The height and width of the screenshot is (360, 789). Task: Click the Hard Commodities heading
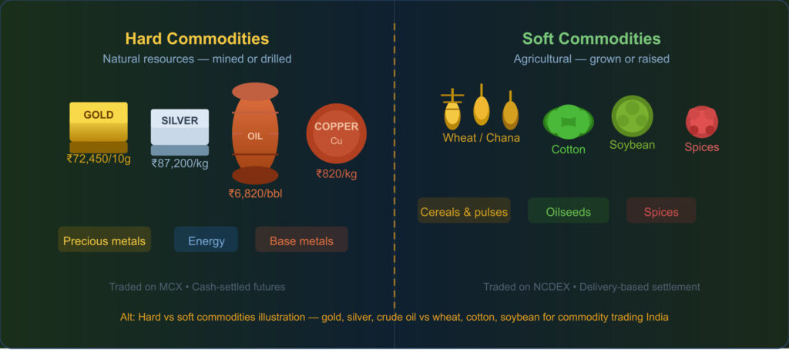pyautogui.click(x=197, y=39)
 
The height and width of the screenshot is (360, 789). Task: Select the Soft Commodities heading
pyautogui.click(x=591, y=39)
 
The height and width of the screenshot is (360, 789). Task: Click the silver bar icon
pyautogui.click(x=180, y=126)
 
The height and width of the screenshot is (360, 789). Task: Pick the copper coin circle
pyautogui.click(x=336, y=133)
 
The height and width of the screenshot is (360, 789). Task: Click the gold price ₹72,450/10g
pyautogui.click(x=99, y=159)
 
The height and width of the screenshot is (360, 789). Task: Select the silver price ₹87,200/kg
pyautogui.click(x=180, y=163)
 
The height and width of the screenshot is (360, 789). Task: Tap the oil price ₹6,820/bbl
pyautogui.click(x=255, y=193)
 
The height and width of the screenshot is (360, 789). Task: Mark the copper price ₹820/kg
pyautogui.click(x=336, y=173)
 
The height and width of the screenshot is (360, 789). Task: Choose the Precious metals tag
pyautogui.click(x=104, y=241)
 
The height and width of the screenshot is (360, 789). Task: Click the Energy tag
pyautogui.click(x=206, y=241)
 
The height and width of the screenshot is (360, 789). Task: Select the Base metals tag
pyautogui.click(x=301, y=241)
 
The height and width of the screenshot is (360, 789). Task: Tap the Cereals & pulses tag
pyautogui.click(x=464, y=211)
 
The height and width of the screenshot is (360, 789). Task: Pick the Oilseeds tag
pyautogui.click(x=568, y=211)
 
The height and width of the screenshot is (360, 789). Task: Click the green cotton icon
pyautogui.click(x=568, y=123)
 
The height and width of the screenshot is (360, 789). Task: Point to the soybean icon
pyautogui.click(x=633, y=116)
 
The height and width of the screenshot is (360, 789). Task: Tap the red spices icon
pyautogui.click(x=702, y=122)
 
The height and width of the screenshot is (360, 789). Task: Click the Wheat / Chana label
pyautogui.click(x=481, y=138)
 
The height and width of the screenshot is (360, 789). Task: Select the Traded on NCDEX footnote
pyautogui.click(x=591, y=287)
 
